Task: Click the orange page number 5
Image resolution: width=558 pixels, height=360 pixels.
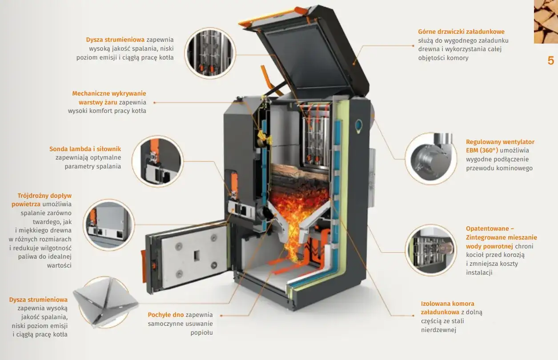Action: [x=551, y=60]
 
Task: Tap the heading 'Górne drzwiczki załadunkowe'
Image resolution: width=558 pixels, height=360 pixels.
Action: [x=461, y=32]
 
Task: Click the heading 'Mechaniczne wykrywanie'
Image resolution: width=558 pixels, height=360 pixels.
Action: [x=109, y=93]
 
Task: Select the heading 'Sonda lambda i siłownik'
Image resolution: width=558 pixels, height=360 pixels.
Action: [x=85, y=149]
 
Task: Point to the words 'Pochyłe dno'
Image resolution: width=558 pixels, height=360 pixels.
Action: [x=166, y=315]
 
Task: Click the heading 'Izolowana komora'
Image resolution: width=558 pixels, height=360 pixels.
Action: [x=447, y=304]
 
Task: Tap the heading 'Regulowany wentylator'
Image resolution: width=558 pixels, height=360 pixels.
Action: [x=500, y=142]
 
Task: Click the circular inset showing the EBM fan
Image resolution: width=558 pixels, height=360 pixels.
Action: [x=431, y=159]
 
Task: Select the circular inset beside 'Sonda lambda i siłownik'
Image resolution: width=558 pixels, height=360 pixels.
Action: [x=157, y=161]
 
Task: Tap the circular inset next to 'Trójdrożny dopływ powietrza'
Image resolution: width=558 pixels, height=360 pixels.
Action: [x=108, y=224]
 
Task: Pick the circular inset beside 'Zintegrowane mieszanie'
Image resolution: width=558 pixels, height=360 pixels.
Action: [x=431, y=250]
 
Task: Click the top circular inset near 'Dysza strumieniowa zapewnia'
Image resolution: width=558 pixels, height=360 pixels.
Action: [x=210, y=53]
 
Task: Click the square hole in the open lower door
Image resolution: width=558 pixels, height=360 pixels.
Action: [x=197, y=255]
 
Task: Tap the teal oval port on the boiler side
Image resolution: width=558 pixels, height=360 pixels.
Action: [x=359, y=126]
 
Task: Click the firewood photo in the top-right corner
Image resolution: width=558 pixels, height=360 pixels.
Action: [x=546, y=22]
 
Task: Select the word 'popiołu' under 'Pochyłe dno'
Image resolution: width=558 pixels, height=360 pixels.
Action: [x=201, y=332]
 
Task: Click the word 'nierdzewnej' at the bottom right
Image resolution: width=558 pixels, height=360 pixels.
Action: [x=438, y=330]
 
